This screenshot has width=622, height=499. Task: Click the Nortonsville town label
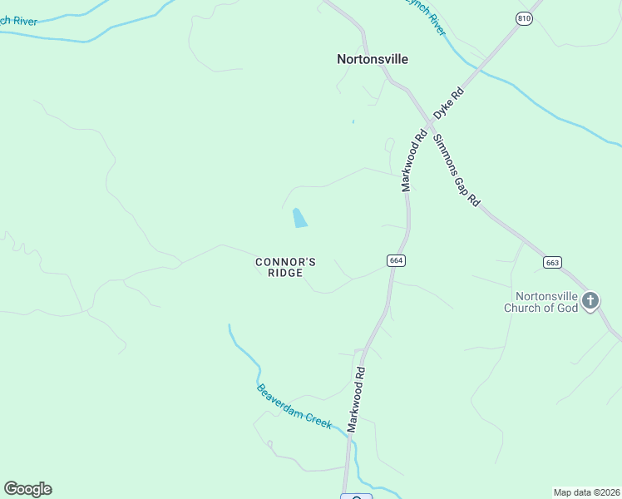pyautogui.click(x=373, y=59)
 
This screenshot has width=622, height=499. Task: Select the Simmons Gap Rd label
pyautogui.click(x=457, y=170)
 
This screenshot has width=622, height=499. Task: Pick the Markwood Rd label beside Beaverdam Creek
pyautogui.click(x=356, y=399)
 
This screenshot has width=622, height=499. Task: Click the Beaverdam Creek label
pyautogui.click(x=294, y=406)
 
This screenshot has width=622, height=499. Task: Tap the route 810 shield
pyautogui.click(x=523, y=18)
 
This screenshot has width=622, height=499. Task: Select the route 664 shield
pyautogui.click(x=396, y=260)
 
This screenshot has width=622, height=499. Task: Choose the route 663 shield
pyautogui.click(x=552, y=262)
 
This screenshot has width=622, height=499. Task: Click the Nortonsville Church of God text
pyautogui.click(x=546, y=302)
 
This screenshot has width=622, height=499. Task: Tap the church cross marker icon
pyautogui.click(x=590, y=300)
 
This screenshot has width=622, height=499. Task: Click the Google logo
pyautogui.click(x=27, y=489)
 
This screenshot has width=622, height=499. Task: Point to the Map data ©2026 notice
pyautogui.click(x=586, y=492)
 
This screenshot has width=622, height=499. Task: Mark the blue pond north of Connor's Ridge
pyautogui.click(x=299, y=219)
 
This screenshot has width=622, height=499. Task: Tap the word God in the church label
pyautogui.click(x=565, y=308)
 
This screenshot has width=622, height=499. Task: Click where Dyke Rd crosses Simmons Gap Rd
pyautogui.click(x=427, y=124)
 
